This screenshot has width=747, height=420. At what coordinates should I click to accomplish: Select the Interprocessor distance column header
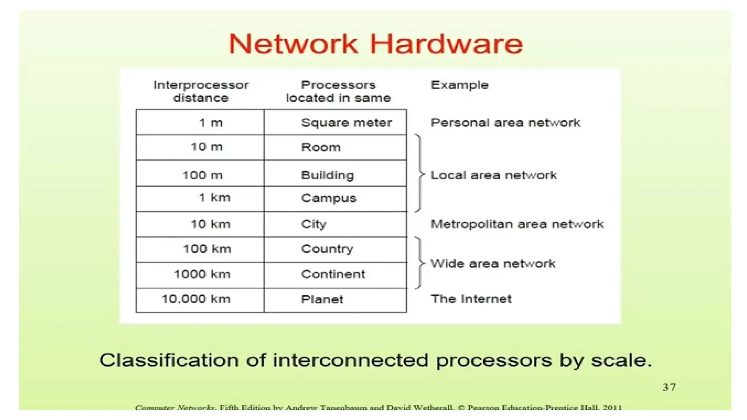click(x=201, y=91)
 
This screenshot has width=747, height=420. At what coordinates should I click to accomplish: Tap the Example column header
click(x=459, y=85)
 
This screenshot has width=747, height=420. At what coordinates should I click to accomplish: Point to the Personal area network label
click(x=505, y=122)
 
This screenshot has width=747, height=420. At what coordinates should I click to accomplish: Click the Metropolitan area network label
click(x=517, y=224)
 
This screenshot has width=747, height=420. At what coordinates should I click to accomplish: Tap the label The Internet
click(x=471, y=299)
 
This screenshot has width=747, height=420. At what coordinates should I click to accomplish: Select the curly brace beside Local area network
click(x=420, y=174)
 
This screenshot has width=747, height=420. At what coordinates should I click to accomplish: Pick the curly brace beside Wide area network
click(x=420, y=263)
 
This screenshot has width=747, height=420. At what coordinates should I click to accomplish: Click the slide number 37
click(x=669, y=387)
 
